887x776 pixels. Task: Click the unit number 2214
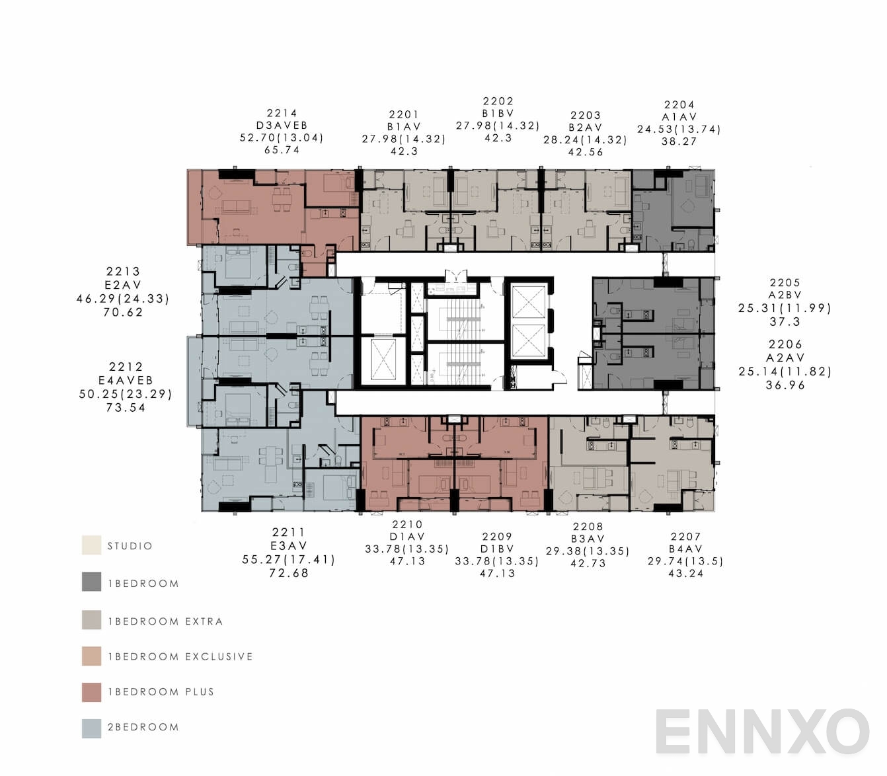point(282,113)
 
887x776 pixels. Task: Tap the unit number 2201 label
point(403,114)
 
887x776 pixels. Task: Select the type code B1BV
point(498,114)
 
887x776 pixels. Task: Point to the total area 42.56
point(585,152)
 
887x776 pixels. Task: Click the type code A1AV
point(679,117)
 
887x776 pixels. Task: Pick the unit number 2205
point(785,283)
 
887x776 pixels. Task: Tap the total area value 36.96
point(785,385)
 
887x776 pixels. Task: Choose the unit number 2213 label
point(123,272)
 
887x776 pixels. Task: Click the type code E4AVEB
point(126,381)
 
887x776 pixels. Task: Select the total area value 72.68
point(289,573)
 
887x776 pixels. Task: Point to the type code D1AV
point(406,537)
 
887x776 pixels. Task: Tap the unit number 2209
point(496,537)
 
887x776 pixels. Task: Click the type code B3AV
point(588,539)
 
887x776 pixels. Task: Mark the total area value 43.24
point(685,574)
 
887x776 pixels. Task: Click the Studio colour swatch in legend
point(92,545)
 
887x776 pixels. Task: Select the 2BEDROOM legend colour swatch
point(92,728)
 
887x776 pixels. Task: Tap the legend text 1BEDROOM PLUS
point(161,692)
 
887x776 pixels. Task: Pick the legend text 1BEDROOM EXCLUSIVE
point(180,657)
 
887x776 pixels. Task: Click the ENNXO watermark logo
point(761,732)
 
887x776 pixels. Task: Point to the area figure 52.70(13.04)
point(282,138)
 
